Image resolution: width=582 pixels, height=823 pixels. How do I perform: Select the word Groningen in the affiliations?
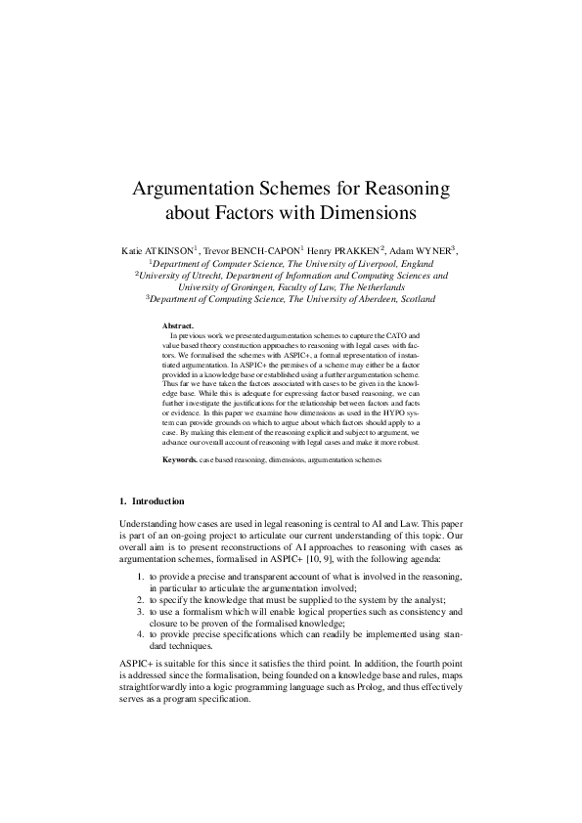241,287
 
